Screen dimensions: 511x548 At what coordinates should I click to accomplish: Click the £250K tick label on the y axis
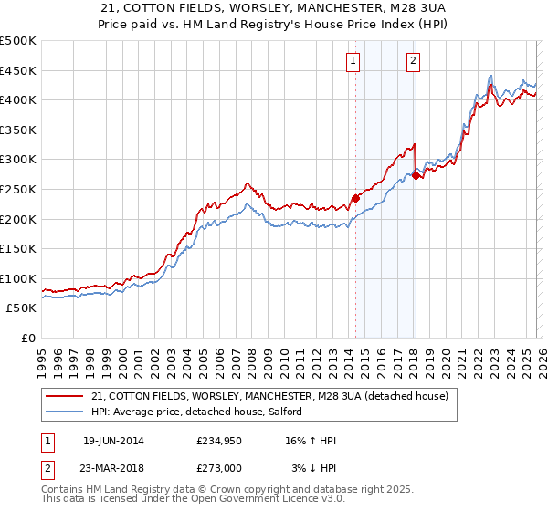point(18,189)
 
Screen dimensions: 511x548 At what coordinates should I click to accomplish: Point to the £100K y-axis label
point(18,278)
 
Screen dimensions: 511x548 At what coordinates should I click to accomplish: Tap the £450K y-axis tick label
point(18,70)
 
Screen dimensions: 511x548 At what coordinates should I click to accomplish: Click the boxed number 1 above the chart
point(353,61)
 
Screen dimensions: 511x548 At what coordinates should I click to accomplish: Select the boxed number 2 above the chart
point(414,61)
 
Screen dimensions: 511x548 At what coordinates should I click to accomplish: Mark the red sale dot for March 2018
point(416,176)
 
